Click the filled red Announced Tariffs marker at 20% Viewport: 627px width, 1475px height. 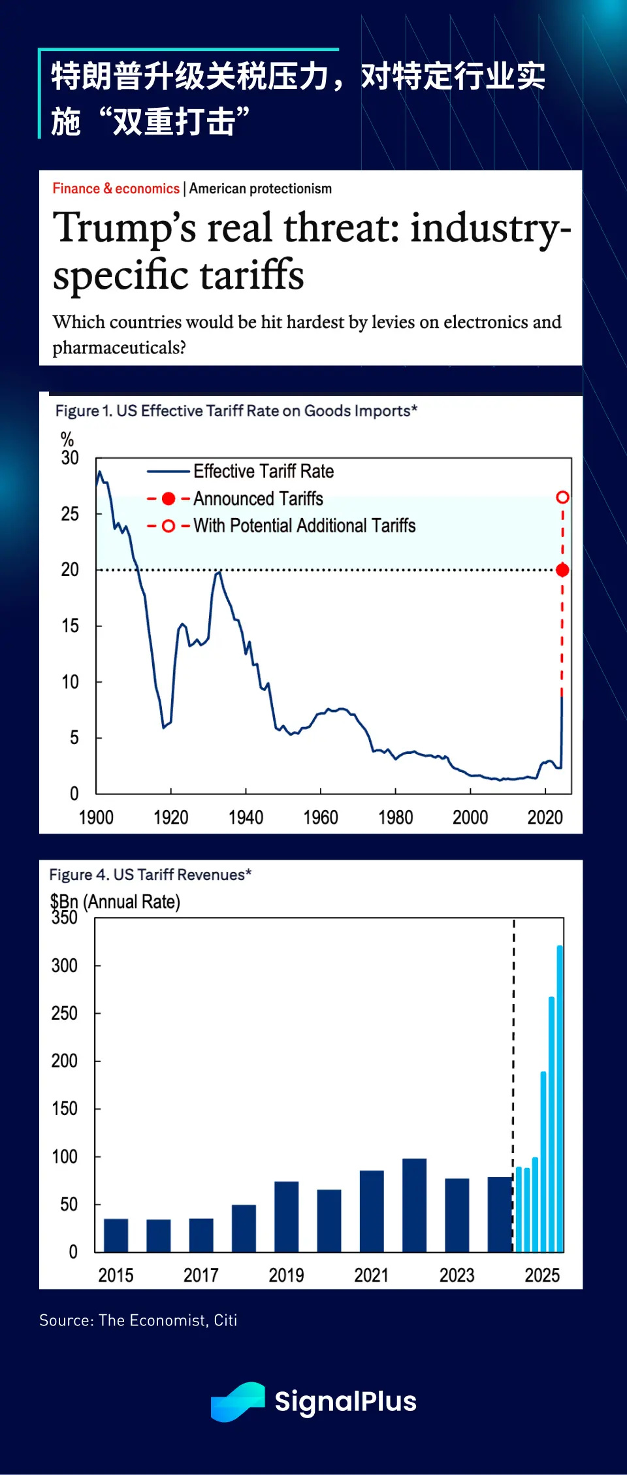point(562,570)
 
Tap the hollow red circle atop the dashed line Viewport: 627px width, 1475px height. point(562,498)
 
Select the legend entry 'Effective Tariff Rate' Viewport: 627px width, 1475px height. point(263,471)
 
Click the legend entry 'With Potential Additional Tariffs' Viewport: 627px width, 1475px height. point(304,526)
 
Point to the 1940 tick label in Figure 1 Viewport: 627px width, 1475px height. point(246,818)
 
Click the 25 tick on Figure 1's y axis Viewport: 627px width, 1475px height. point(70,514)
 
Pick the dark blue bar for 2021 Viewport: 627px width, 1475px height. point(372,1210)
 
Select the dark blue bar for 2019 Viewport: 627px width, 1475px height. point(287,1216)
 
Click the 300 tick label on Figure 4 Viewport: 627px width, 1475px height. point(64,965)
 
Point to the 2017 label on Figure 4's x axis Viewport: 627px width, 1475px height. point(201,1275)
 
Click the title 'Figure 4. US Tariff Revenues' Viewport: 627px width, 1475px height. point(150,875)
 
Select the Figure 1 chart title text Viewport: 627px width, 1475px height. point(236,411)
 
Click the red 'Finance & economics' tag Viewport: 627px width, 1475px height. point(116,189)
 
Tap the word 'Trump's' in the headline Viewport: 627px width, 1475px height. point(124,228)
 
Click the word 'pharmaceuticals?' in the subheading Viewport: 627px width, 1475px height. point(119,348)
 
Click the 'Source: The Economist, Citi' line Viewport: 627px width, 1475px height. point(138,1320)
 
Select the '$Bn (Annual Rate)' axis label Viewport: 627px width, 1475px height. point(115,901)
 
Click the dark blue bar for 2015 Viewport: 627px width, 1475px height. point(116,1235)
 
